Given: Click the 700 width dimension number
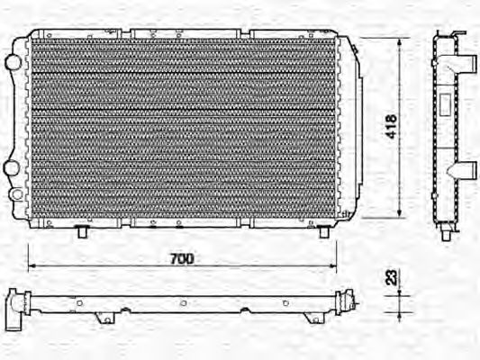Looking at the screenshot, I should click(182, 258).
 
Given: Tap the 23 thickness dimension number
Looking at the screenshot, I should click(390, 279).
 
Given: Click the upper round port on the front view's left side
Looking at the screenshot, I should click(13, 61).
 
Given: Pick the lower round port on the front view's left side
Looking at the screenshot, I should click(13, 168).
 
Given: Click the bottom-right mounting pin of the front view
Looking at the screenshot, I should click(324, 232).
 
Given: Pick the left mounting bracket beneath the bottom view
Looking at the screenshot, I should click(104, 317).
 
